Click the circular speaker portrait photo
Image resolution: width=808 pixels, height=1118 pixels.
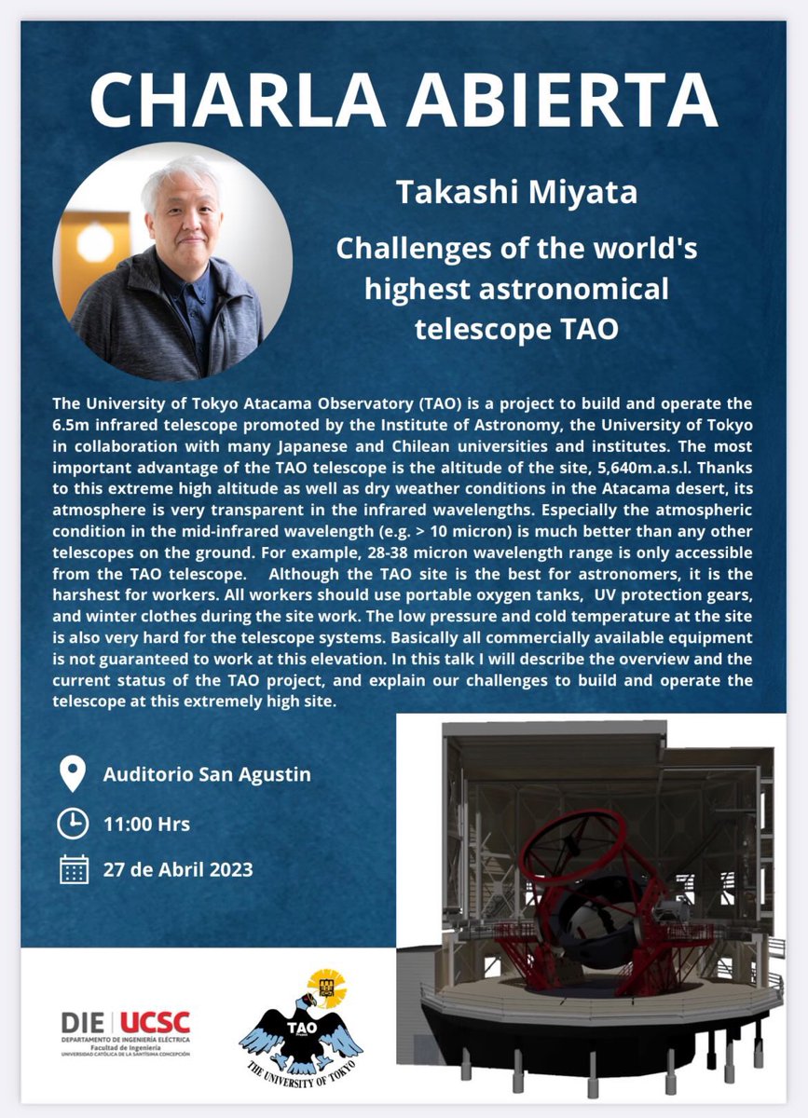tap(172, 262)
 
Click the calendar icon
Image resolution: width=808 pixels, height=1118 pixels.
tap(73, 869)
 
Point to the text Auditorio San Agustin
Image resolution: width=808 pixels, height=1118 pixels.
tap(207, 774)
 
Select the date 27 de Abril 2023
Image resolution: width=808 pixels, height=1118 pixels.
tap(178, 869)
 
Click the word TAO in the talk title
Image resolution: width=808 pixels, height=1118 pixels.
tap(592, 329)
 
